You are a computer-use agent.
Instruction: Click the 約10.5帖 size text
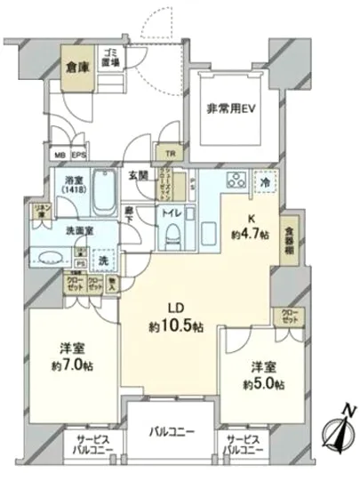click(179, 327)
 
